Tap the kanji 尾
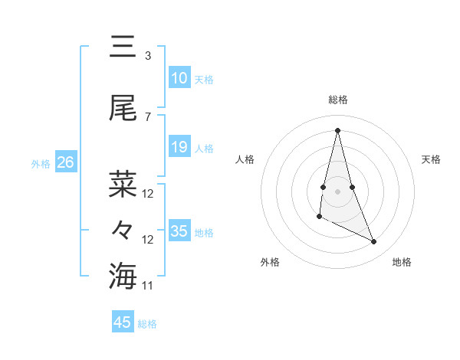(123, 110)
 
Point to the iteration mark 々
(123, 230)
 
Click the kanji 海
(123, 275)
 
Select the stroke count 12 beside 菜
(148, 193)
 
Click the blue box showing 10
(179, 78)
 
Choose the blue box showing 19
(179, 147)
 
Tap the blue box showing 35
(179, 231)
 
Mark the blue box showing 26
(65, 162)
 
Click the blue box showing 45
(123, 322)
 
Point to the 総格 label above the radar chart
(338, 100)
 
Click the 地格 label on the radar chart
(402, 262)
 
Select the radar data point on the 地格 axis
(374, 242)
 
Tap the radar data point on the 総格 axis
(338, 130)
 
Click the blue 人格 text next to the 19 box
(204, 148)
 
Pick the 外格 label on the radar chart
(270, 262)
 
